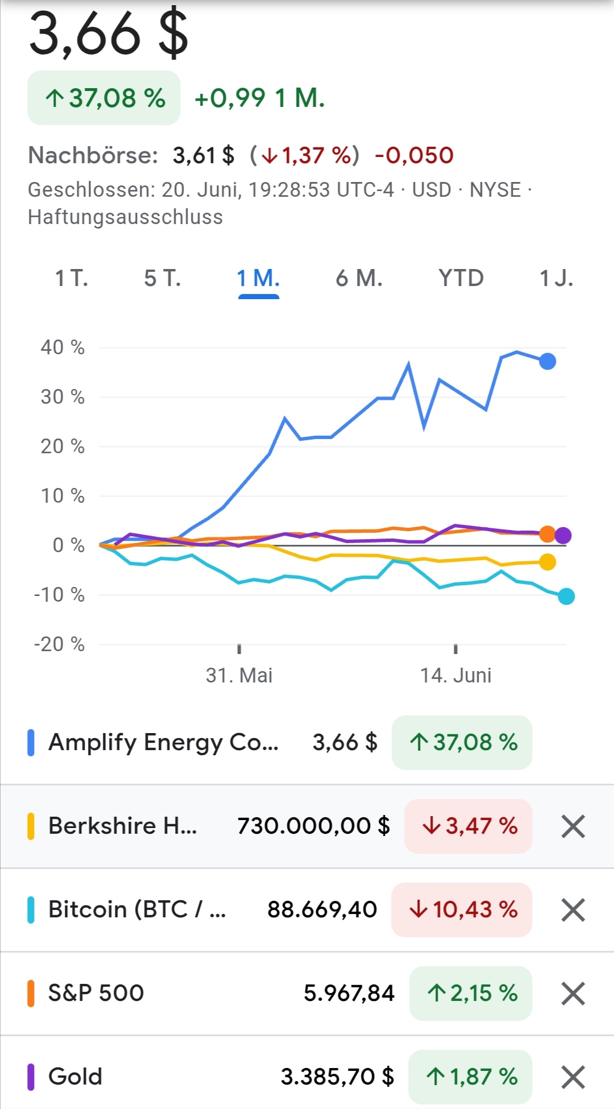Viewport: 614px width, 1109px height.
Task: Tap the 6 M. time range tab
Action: pyautogui.click(x=359, y=279)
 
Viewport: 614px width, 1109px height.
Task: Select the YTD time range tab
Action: pyautogui.click(x=460, y=279)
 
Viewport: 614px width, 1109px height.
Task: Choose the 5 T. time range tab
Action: pyautogui.click(x=163, y=279)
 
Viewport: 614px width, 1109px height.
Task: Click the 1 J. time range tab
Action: pyautogui.click(x=555, y=279)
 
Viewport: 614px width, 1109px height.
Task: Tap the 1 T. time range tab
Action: pyautogui.click(x=72, y=279)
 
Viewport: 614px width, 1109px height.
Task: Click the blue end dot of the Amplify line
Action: pyautogui.click(x=547, y=361)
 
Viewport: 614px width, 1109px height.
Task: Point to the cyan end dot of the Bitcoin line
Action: pyautogui.click(x=566, y=597)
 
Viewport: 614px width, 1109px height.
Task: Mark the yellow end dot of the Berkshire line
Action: pyautogui.click(x=547, y=562)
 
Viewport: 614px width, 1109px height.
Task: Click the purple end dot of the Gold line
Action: pyautogui.click(x=563, y=535)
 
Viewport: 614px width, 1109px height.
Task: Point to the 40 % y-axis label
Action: pyautogui.click(x=63, y=347)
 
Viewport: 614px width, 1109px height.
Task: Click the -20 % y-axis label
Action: pyautogui.click(x=59, y=644)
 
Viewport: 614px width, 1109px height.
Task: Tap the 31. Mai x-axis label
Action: pyautogui.click(x=239, y=676)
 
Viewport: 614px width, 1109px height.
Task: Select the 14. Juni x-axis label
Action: pyautogui.click(x=455, y=676)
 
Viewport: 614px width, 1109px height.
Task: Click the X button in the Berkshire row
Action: pyautogui.click(x=573, y=826)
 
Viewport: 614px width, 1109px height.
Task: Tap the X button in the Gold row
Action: pyautogui.click(x=573, y=1077)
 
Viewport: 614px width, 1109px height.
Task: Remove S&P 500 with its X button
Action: pyautogui.click(x=573, y=994)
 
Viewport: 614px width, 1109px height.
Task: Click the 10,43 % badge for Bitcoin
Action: pyautogui.click(x=462, y=909)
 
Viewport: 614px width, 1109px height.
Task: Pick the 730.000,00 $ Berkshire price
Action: pyautogui.click(x=313, y=826)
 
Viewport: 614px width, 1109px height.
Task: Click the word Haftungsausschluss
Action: pyautogui.click(x=125, y=217)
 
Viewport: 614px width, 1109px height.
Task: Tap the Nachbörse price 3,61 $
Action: pyautogui.click(x=204, y=155)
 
